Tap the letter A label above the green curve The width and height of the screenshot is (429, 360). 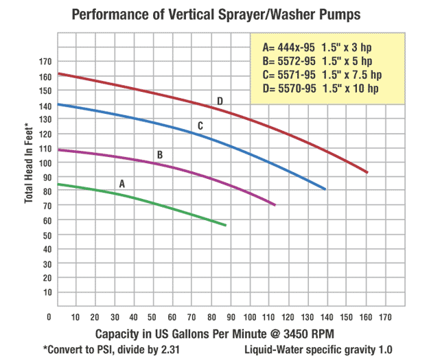coord(122,184)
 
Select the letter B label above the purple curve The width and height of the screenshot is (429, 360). coord(160,155)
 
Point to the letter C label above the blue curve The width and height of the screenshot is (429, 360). coord(200,125)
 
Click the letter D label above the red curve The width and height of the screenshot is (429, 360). coord(220,101)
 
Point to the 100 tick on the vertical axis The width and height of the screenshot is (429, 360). coord(45,163)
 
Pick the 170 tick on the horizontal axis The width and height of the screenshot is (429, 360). coord(386,317)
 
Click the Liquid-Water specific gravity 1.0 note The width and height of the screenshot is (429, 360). coord(318,350)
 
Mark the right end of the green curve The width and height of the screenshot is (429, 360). coord(225,225)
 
